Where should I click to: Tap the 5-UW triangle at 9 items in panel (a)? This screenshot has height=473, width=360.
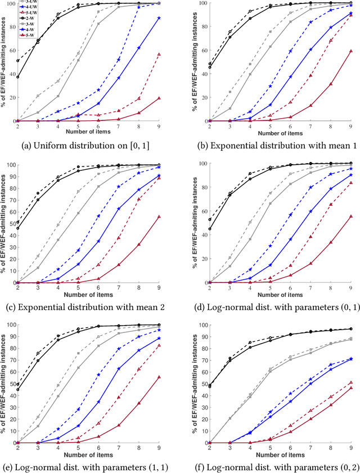click(175, 55)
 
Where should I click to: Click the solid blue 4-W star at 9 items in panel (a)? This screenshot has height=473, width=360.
click(175, 18)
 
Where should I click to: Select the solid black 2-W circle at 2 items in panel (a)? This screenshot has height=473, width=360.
click(17, 77)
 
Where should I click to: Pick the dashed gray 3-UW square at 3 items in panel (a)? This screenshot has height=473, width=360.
click(38, 96)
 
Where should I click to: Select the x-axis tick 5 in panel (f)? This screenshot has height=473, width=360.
click(270, 449)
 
